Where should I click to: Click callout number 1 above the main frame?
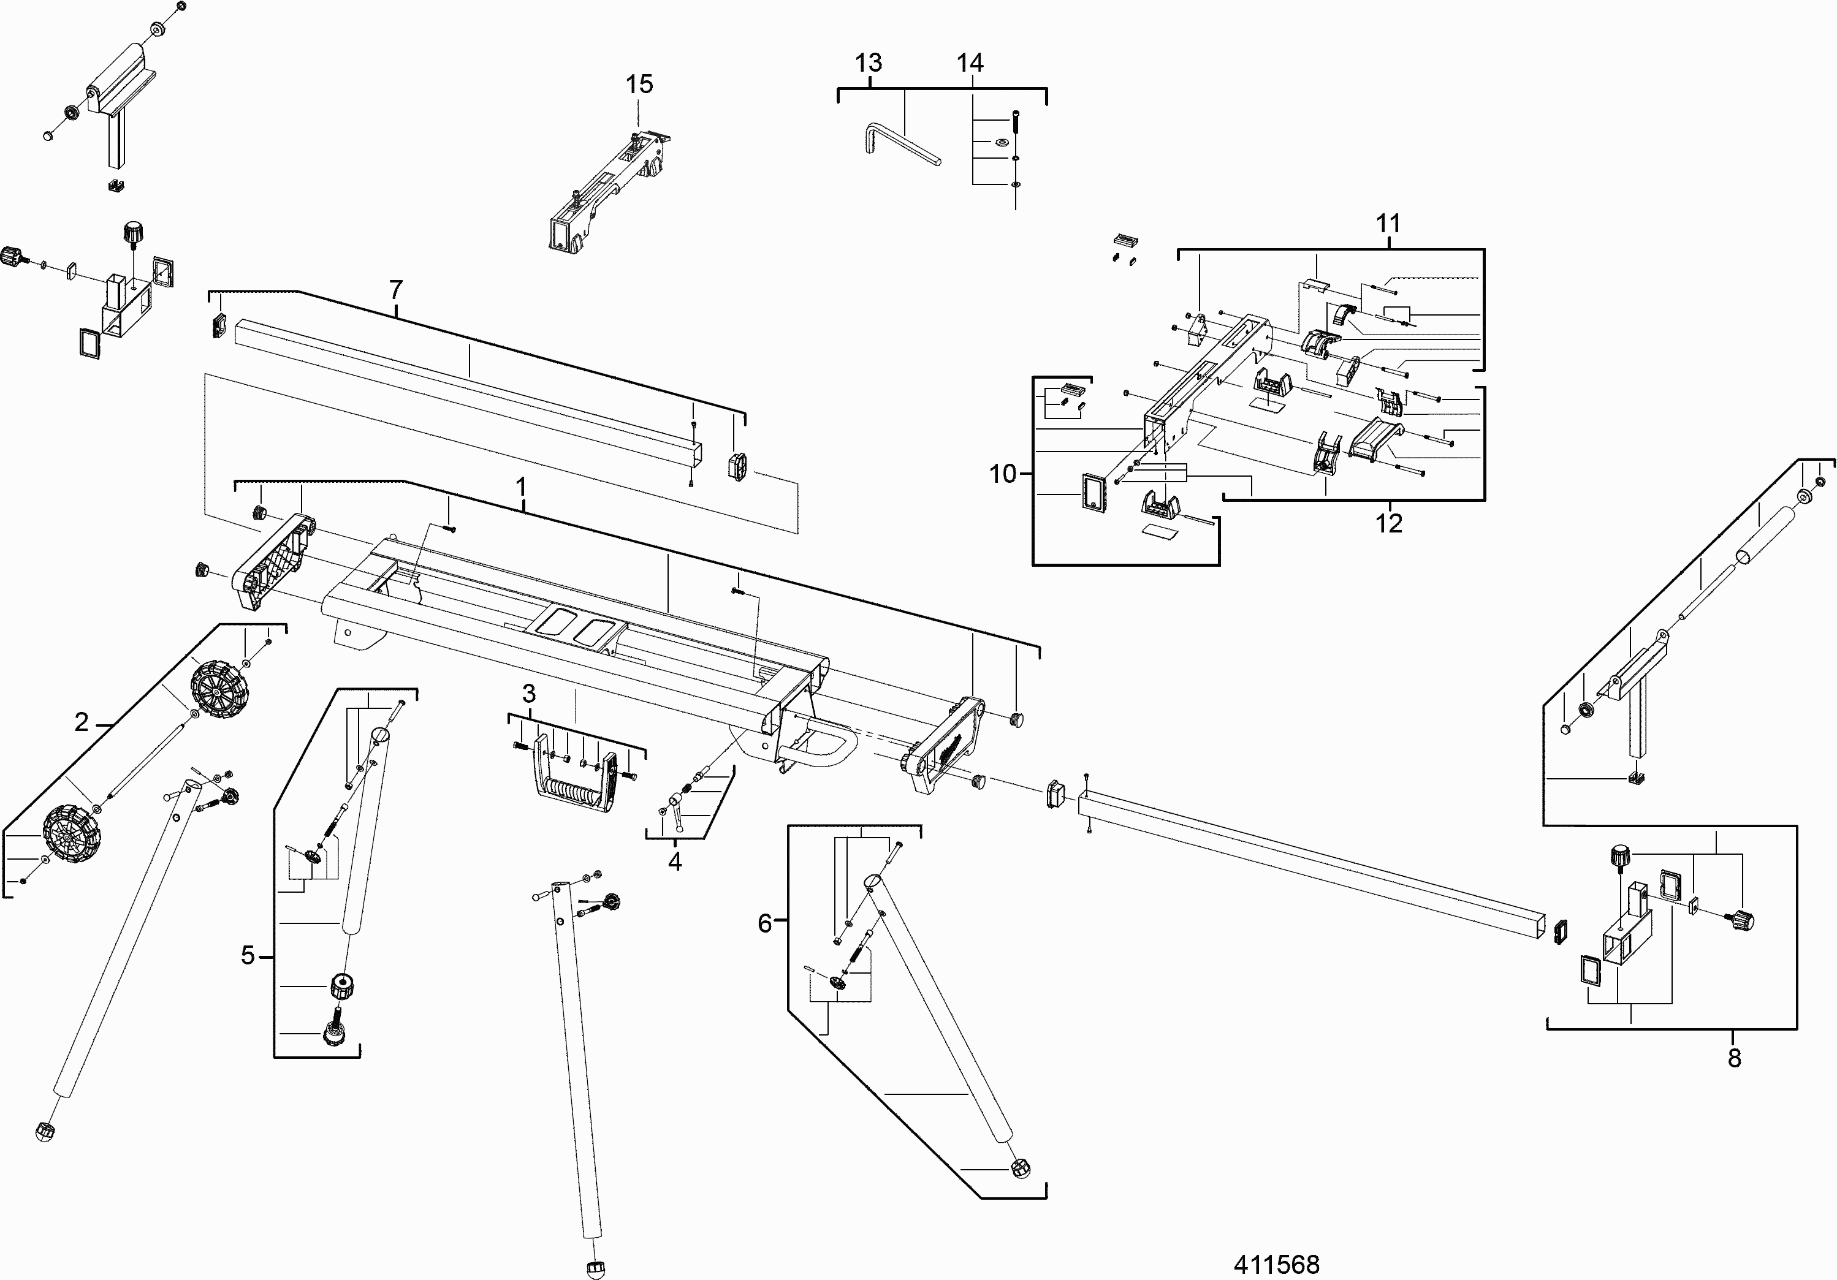point(521,487)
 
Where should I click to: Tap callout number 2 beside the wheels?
point(82,723)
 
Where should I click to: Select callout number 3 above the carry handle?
point(529,694)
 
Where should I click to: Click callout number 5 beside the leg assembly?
point(248,955)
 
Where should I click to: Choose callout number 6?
point(765,924)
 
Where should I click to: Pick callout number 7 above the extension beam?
point(395,290)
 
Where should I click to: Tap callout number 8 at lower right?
point(1735,1058)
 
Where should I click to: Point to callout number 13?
point(868,62)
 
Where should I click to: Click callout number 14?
point(970,62)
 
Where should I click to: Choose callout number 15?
point(639,84)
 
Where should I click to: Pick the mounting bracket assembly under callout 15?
point(608,192)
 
